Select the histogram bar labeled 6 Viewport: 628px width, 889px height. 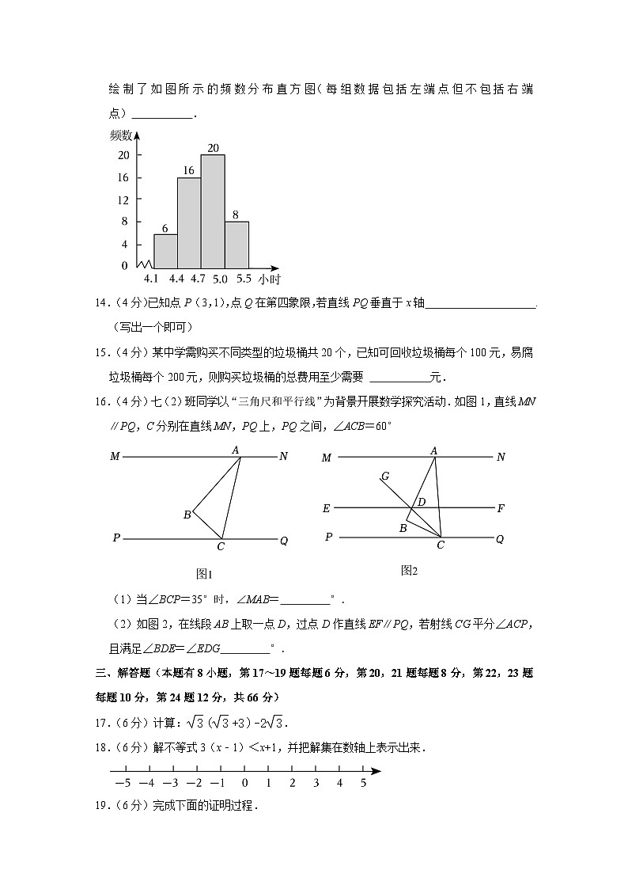tap(165, 251)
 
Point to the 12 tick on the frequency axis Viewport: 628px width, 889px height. tap(123, 199)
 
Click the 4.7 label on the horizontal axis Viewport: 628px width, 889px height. tap(198, 279)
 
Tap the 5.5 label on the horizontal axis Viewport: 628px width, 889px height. tap(244, 279)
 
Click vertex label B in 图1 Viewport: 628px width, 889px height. tap(187, 515)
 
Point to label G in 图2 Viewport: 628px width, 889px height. tap(384, 476)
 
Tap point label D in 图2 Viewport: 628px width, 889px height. tap(422, 502)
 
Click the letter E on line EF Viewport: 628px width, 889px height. tap(326, 508)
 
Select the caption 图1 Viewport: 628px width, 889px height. tap(205, 574)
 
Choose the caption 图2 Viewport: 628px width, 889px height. tap(409, 570)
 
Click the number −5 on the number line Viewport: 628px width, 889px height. tap(123, 783)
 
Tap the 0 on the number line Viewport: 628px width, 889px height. tap(245, 783)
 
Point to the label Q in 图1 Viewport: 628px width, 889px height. tap(284, 541)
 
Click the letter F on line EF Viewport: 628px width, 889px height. tap(501, 508)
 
